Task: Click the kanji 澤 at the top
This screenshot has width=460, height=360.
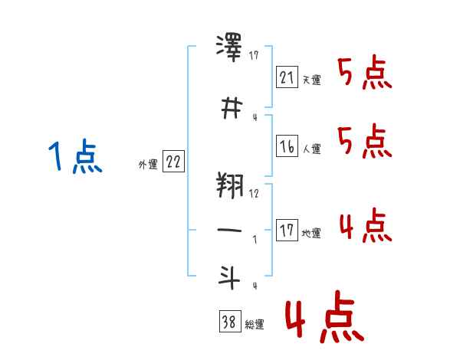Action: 228,47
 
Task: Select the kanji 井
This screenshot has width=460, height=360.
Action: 232,108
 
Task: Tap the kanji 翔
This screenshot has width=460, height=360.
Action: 230,185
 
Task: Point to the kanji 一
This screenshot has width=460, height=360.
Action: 229,230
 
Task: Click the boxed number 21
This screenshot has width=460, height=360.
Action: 287,77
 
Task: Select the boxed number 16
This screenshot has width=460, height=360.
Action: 287,146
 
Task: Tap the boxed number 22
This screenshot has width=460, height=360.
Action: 173,161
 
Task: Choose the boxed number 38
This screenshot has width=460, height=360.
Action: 230,321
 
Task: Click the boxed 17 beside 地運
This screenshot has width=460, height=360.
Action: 287,230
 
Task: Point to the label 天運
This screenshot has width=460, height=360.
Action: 311,80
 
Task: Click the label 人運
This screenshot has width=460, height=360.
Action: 311,149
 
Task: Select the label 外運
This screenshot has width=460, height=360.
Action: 148,165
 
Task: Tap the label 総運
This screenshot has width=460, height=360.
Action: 255,325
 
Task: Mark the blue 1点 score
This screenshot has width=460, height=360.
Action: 75,156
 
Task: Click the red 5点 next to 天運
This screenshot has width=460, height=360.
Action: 364,72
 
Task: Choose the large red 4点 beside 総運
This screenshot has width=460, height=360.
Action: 324,317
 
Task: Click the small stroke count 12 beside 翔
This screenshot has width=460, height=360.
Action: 254,194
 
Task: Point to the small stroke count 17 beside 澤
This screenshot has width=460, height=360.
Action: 254,55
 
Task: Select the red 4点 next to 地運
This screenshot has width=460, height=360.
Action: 366,225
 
